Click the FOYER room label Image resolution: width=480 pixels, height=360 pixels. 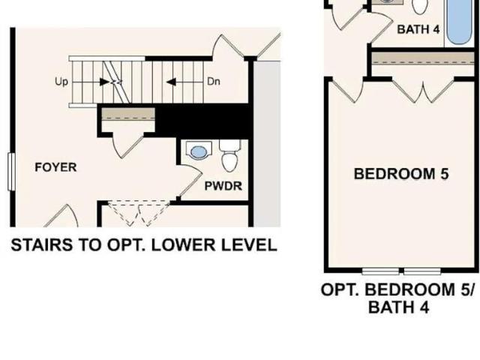pyautogui.click(x=55, y=167)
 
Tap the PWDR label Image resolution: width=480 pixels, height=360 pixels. pyautogui.click(x=223, y=186)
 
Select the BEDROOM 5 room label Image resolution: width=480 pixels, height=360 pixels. pyautogui.click(x=401, y=174)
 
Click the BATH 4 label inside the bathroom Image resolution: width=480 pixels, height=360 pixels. pyautogui.click(x=418, y=29)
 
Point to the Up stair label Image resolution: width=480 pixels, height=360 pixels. pyautogui.click(x=61, y=82)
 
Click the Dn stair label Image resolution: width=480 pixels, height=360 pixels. pyautogui.click(x=213, y=82)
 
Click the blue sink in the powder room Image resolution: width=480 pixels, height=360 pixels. pyautogui.click(x=199, y=151)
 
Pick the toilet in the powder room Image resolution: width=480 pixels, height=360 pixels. pyautogui.click(x=230, y=156)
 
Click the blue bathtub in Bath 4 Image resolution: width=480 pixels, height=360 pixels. pyautogui.click(x=459, y=22)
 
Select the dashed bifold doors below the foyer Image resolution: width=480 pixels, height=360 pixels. pyautogui.click(x=139, y=214)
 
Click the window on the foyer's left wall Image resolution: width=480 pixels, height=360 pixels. pyautogui.click(x=12, y=172)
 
